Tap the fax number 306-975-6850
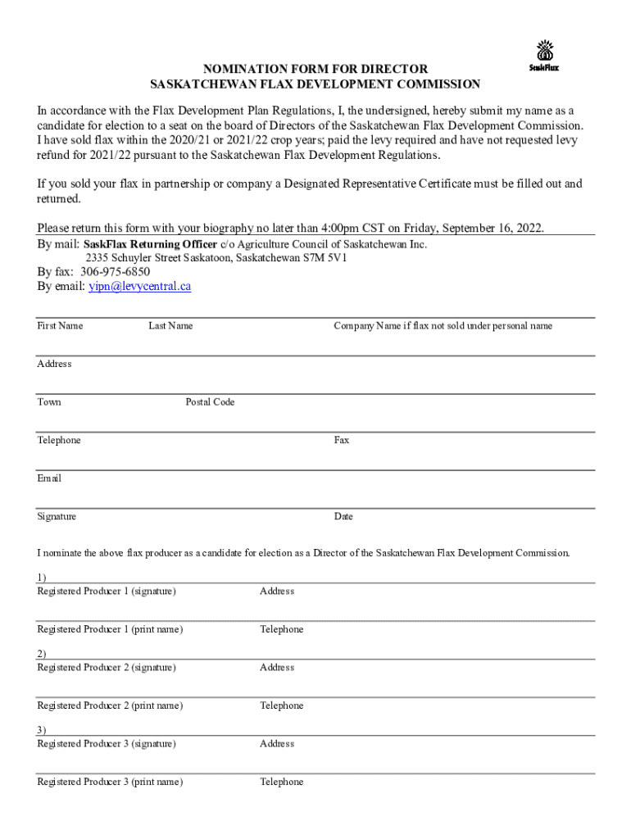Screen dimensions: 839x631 point(115,272)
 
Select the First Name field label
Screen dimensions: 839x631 point(60,326)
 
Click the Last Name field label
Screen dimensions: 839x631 point(170,326)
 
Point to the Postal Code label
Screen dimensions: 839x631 point(210,402)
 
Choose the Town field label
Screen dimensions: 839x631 point(49,402)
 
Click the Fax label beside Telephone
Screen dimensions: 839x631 point(342,441)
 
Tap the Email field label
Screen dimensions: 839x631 point(49,478)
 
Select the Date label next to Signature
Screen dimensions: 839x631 point(343,517)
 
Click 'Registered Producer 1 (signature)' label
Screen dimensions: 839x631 point(107,592)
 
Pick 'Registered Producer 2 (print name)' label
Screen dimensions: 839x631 point(110,706)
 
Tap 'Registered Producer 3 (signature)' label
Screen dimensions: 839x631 point(107,744)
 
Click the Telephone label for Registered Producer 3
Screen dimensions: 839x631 point(282,782)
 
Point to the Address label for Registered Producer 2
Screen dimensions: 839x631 point(277,668)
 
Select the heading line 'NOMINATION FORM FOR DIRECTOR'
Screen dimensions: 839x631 point(315,70)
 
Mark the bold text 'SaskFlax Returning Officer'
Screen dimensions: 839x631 point(150,244)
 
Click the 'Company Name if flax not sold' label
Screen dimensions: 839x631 point(443,326)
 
